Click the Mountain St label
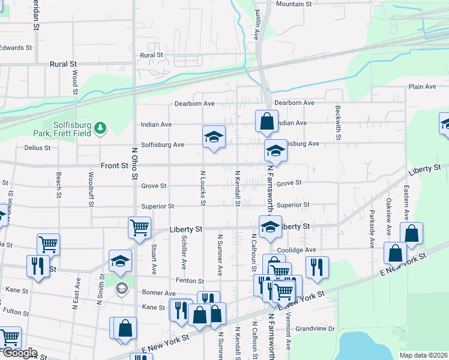point(294,4)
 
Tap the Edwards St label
point(16,47)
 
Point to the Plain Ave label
point(422,86)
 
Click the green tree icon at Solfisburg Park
point(101,127)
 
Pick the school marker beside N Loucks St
point(214,137)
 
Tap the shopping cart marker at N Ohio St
point(139,228)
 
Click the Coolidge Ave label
point(296,250)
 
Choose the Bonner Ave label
point(158,293)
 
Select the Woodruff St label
point(91,189)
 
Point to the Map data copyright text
point(423,355)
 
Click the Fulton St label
point(16,311)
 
